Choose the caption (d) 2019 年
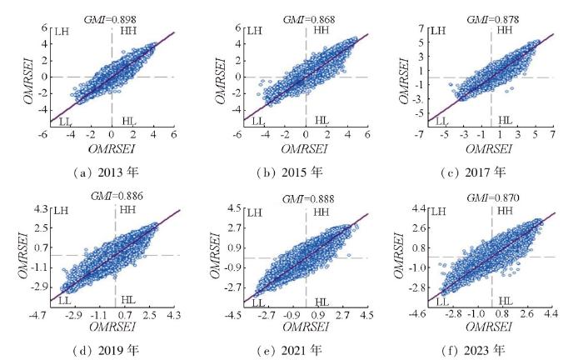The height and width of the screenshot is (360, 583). coord(114,349)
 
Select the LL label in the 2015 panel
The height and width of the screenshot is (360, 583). coord(258,122)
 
